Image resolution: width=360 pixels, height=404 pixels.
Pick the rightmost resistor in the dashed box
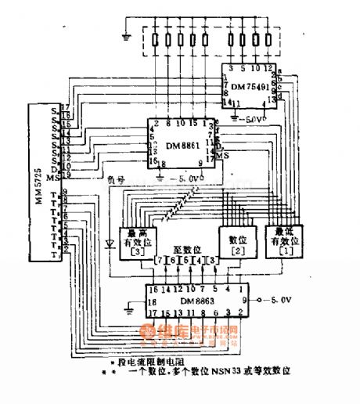click(275, 39)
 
